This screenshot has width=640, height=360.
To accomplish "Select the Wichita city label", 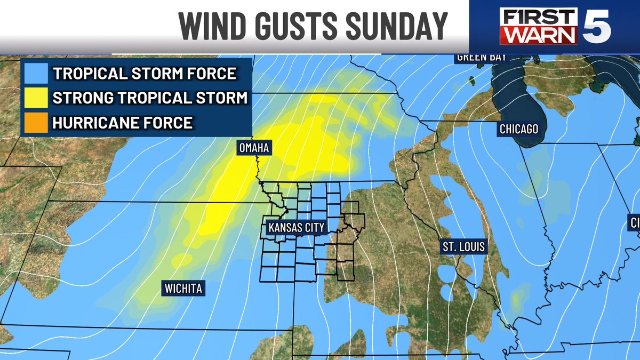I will pyautogui.click(x=182, y=289).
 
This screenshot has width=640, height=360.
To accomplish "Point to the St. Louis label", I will pyautogui.click(x=463, y=247).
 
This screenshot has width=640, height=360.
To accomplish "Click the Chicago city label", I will pyautogui.click(x=518, y=129).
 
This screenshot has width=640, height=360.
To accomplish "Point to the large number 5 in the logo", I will pyautogui.click(x=602, y=27).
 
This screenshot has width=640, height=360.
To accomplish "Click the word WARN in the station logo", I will pyautogui.click(x=542, y=36).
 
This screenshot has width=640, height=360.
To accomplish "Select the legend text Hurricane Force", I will pyautogui.click(x=122, y=122).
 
